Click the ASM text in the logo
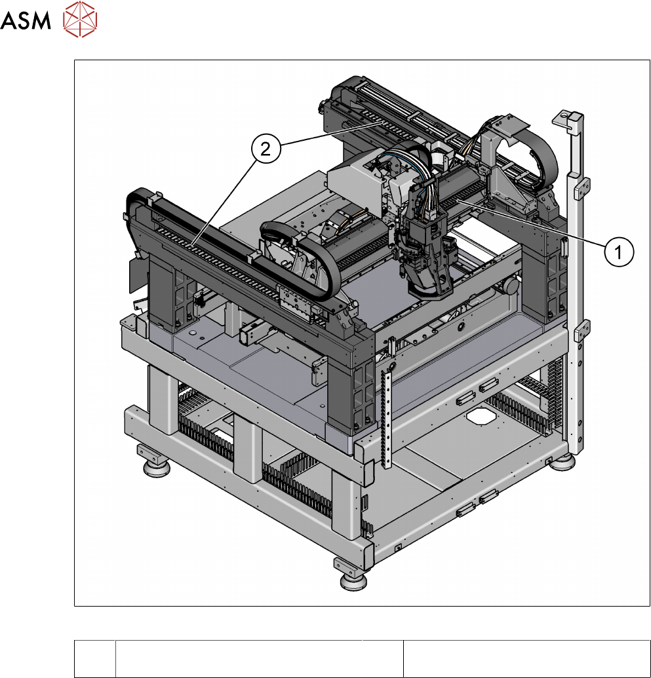pos(26,20)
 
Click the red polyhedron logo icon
pos(80,19)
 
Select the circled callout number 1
pos(619,252)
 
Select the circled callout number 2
pos(266,149)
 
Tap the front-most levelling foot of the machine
pos(353,580)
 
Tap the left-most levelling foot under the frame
pos(156,468)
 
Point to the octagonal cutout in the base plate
pos(481,417)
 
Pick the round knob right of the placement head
pos(511,286)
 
